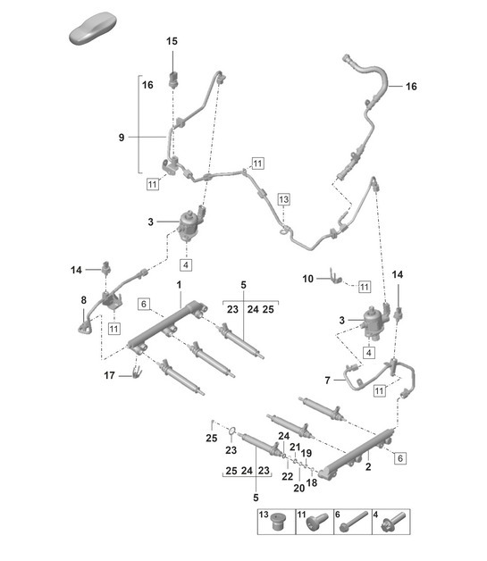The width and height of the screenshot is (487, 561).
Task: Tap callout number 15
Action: [x=172, y=41]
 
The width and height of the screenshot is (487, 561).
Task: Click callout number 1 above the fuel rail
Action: [x=179, y=284]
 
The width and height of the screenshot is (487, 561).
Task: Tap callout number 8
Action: [x=83, y=301]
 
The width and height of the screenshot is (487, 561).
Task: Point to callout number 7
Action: [x=328, y=381]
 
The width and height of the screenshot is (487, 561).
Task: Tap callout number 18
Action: [x=312, y=482]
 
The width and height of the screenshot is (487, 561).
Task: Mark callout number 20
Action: [x=298, y=488]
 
